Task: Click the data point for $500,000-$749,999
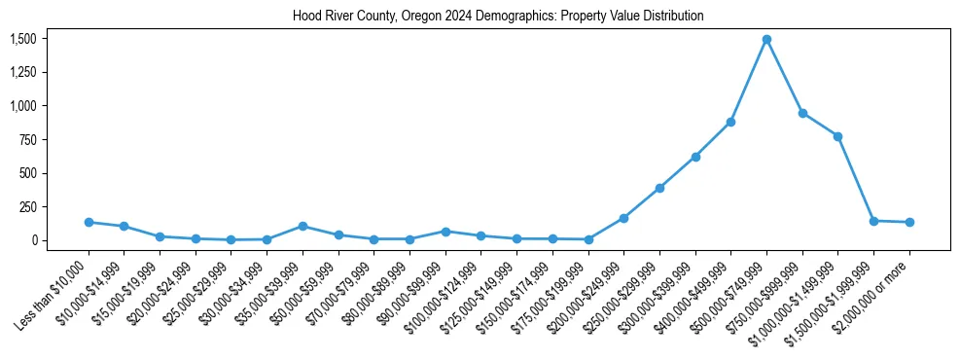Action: [x=766, y=40]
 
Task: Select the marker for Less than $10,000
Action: [x=89, y=222]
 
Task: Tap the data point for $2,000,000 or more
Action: [x=909, y=222]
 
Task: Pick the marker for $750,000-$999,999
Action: [x=802, y=113]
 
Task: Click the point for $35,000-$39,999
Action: [x=302, y=226]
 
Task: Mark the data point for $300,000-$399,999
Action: [x=695, y=157]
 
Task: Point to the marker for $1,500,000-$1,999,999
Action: [x=873, y=221]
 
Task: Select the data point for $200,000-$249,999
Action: [x=623, y=218]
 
